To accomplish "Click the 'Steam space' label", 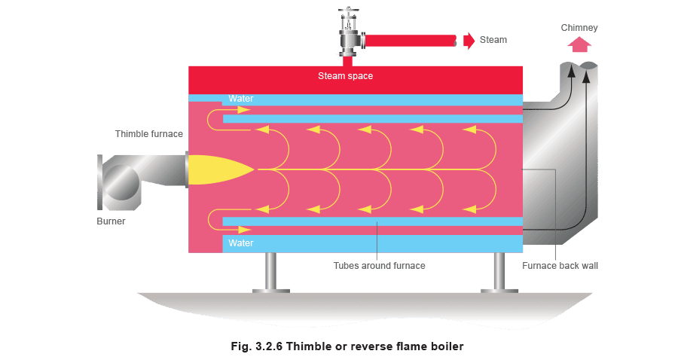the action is click(x=345, y=76).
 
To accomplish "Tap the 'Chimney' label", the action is click(x=579, y=28).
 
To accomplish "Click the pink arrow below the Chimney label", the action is click(x=579, y=44).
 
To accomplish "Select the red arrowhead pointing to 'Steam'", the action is click(x=469, y=41).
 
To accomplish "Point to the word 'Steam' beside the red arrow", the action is click(x=493, y=40).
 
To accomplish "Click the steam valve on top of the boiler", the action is click(x=349, y=32).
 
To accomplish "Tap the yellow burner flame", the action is click(x=221, y=170).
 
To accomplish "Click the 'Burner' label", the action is click(x=111, y=221).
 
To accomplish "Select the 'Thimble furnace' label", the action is click(x=148, y=134).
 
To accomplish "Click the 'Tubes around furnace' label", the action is click(x=379, y=266).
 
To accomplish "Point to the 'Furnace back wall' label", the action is click(x=560, y=266).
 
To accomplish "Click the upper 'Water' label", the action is click(x=241, y=99).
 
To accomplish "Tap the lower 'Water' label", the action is click(x=241, y=243).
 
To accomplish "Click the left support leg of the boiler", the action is click(x=270, y=273).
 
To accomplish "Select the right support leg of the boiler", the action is click(x=499, y=273).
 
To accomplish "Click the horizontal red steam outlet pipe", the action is click(x=411, y=41).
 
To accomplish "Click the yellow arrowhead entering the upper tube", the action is click(x=244, y=110).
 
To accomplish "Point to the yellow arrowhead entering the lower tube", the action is click(x=245, y=230).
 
